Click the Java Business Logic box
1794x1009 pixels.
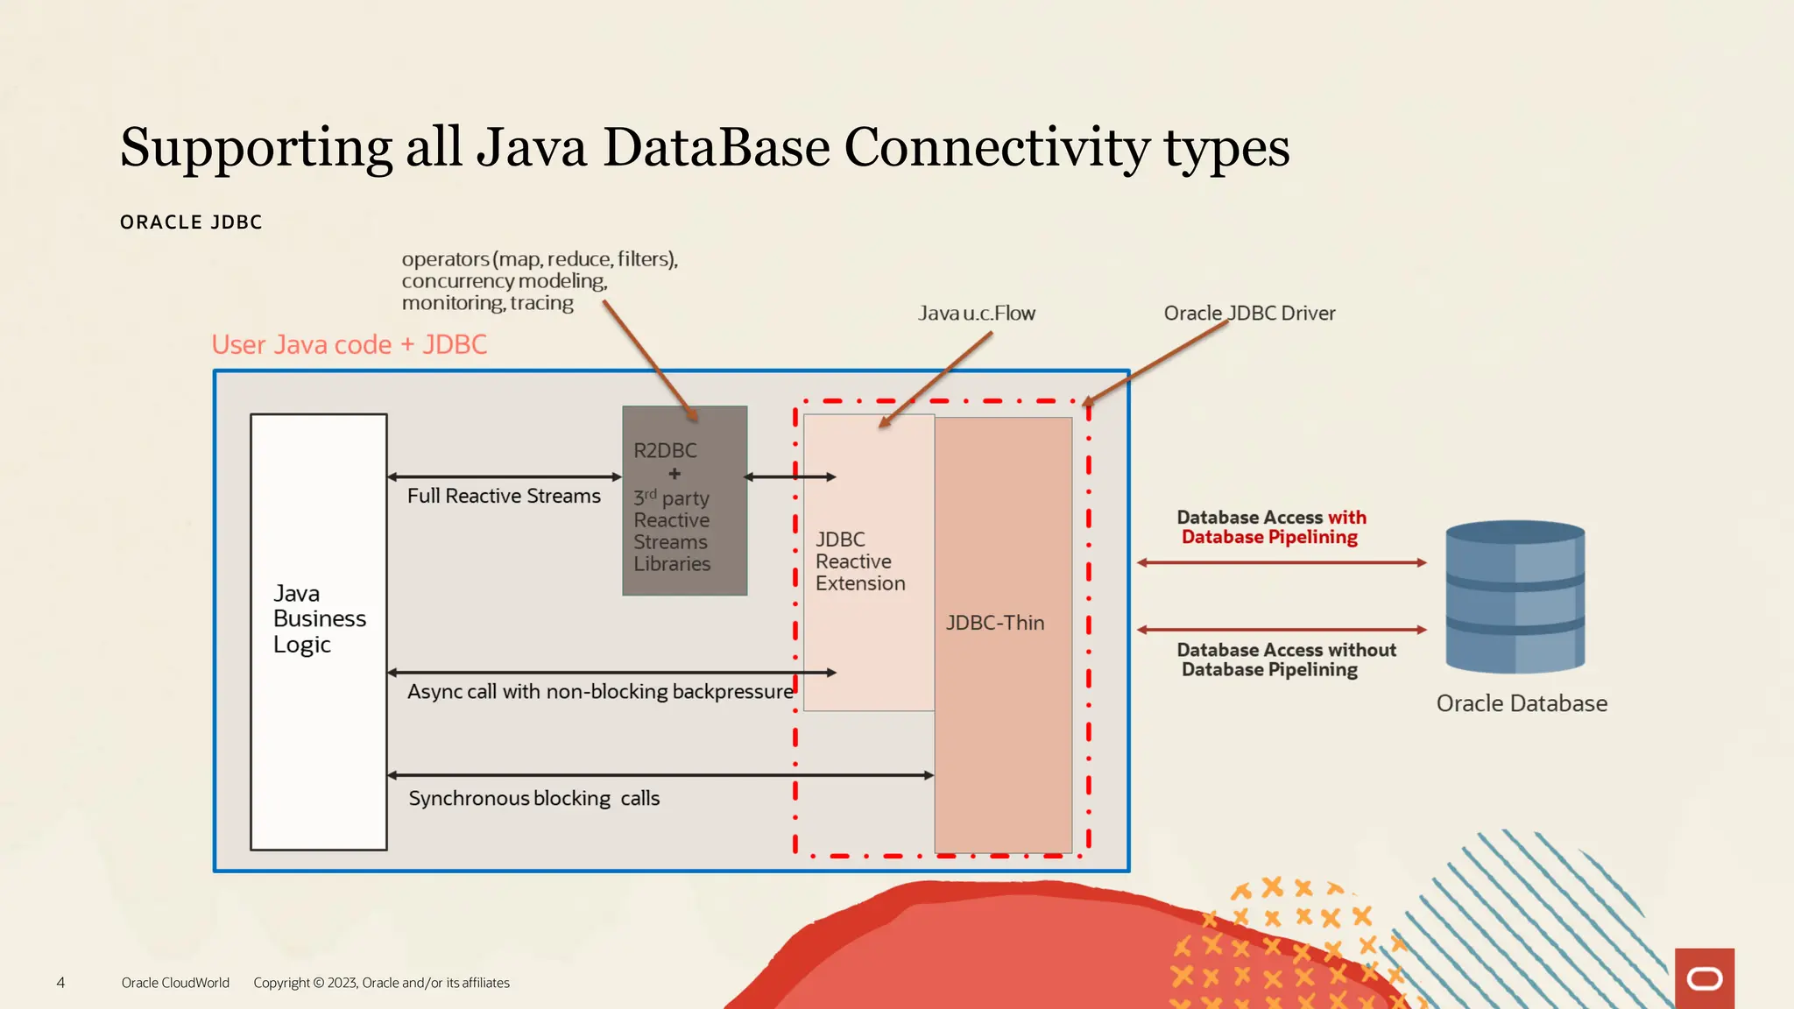point(318,631)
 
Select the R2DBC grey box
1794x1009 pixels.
point(684,501)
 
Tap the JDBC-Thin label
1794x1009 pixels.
point(995,623)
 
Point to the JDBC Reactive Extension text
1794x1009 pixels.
point(859,561)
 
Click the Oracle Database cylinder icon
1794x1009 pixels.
point(1515,597)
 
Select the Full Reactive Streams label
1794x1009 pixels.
point(504,496)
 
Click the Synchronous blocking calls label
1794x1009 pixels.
point(533,798)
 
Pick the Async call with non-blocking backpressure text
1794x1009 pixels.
point(600,691)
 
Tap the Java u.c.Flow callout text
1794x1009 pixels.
point(976,313)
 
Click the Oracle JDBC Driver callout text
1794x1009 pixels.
point(1249,313)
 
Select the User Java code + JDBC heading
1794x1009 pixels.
point(349,344)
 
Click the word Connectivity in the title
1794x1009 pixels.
point(996,147)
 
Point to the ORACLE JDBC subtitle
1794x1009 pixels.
point(191,222)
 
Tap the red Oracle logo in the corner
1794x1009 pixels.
point(1704,978)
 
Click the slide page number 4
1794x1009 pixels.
point(60,983)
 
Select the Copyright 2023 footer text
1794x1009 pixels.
point(381,983)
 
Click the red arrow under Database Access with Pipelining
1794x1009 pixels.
point(1282,562)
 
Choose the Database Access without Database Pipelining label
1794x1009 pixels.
point(1285,660)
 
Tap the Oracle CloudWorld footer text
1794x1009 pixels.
point(175,983)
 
